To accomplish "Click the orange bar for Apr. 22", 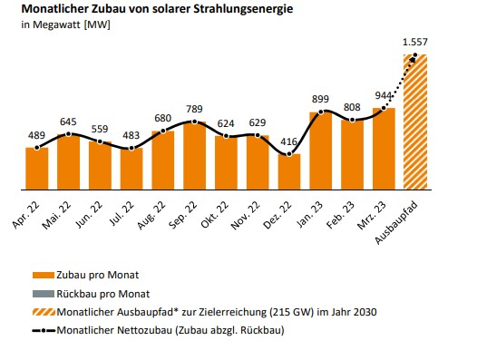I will (x=37, y=168).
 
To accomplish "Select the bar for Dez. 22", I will (x=289, y=171).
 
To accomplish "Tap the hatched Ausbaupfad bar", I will (x=414, y=122).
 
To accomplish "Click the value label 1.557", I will (x=414, y=43).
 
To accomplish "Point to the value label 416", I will (x=289, y=141).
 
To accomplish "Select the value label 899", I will (x=321, y=100).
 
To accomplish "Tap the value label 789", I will (x=195, y=109).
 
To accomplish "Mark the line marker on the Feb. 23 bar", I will (x=353, y=120).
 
